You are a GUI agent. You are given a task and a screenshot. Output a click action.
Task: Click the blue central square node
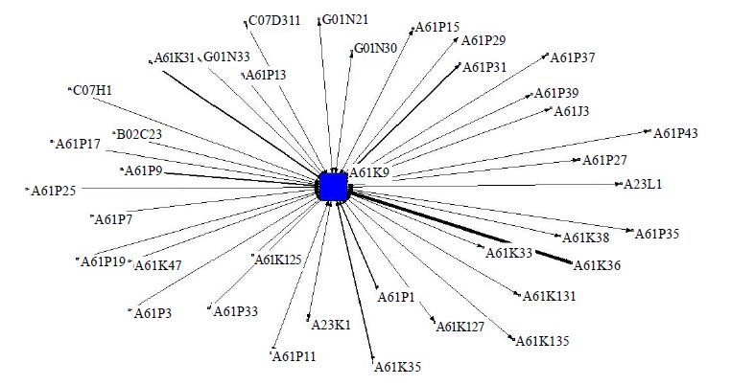click(x=333, y=186)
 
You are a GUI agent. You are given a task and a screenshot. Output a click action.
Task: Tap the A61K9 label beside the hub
click(x=369, y=172)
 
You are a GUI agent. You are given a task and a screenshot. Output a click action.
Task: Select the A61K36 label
click(x=597, y=265)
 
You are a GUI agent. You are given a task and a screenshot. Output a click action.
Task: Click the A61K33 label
click(x=508, y=253)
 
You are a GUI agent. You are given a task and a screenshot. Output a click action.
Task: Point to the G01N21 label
click(x=345, y=19)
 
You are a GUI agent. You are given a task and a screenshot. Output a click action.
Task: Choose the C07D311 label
click(x=274, y=20)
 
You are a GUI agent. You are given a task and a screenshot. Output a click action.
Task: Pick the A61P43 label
click(x=675, y=134)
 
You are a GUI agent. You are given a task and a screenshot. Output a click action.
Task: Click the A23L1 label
click(x=643, y=184)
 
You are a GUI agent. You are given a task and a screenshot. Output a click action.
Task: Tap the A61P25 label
click(x=53, y=191)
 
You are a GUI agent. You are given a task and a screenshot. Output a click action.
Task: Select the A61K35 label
click(x=398, y=367)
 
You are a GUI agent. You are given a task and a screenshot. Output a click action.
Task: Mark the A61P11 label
click(x=295, y=356)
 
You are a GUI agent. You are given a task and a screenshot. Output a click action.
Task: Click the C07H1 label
click(x=93, y=90)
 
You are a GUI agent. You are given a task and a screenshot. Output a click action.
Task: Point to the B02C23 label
click(x=139, y=134)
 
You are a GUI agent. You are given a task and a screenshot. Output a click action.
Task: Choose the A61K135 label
click(x=542, y=341)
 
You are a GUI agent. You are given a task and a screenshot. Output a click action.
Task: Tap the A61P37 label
click(x=573, y=57)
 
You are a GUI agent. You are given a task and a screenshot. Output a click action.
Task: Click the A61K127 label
click(x=460, y=327)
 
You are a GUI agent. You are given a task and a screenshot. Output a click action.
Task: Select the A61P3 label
click(x=153, y=313)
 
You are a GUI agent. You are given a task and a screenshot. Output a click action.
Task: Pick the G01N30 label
click(x=376, y=48)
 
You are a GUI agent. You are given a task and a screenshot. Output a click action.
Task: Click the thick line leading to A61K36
click(x=460, y=227)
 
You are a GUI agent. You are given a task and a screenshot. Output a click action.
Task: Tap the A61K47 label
click(x=157, y=265)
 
